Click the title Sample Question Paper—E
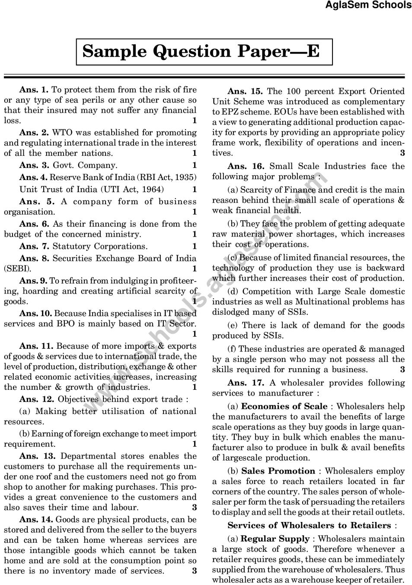[201, 51]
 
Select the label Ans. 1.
[34, 90]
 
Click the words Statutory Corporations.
[100, 247]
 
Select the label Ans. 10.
[36, 313]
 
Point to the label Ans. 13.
[38, 456]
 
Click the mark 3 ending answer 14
[195, 571]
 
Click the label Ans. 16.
[246, 167]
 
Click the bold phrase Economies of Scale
[284, 407]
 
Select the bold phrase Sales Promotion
[278, 471]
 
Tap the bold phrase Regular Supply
[275, 539]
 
